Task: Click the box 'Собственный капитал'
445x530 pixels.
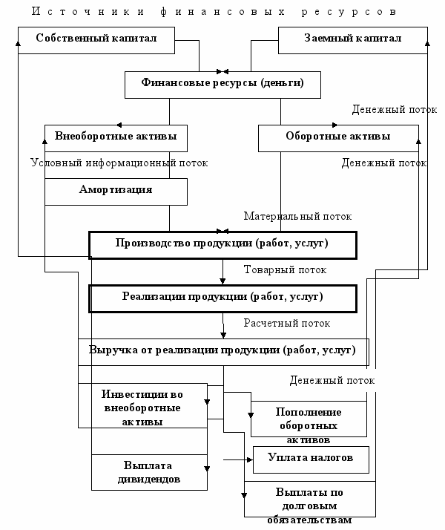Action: click(96, 40)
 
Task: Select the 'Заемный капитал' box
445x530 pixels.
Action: click(353, 40)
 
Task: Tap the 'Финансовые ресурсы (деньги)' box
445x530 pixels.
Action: click(222, 85)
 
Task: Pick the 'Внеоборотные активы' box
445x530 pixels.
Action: click(116, 138)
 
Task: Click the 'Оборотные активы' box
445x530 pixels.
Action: click(338, 138)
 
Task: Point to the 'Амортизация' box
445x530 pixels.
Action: click(116, 192)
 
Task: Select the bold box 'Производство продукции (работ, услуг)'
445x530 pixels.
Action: click(222, 246)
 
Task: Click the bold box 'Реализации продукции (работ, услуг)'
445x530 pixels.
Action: click(222, 299)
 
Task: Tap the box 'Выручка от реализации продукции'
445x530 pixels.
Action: click(223, 352)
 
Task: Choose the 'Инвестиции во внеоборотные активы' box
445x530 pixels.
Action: click(142, 405)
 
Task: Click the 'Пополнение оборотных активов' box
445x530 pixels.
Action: click(309, 419)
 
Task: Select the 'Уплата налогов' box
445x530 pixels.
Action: click(311, 459)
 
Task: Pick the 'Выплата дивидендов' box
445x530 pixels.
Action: click(149, 472)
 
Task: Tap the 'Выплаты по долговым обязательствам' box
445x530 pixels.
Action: click(309, 500)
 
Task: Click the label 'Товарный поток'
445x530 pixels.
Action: click(286, 269)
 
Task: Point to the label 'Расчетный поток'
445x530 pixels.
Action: click(287, 323)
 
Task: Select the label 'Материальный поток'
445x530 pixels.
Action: click(298, 216)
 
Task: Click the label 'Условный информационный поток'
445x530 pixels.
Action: click(119, 163)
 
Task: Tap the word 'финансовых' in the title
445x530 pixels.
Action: click(222, 12)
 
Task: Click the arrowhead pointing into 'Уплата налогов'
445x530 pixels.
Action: click(250, 459)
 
